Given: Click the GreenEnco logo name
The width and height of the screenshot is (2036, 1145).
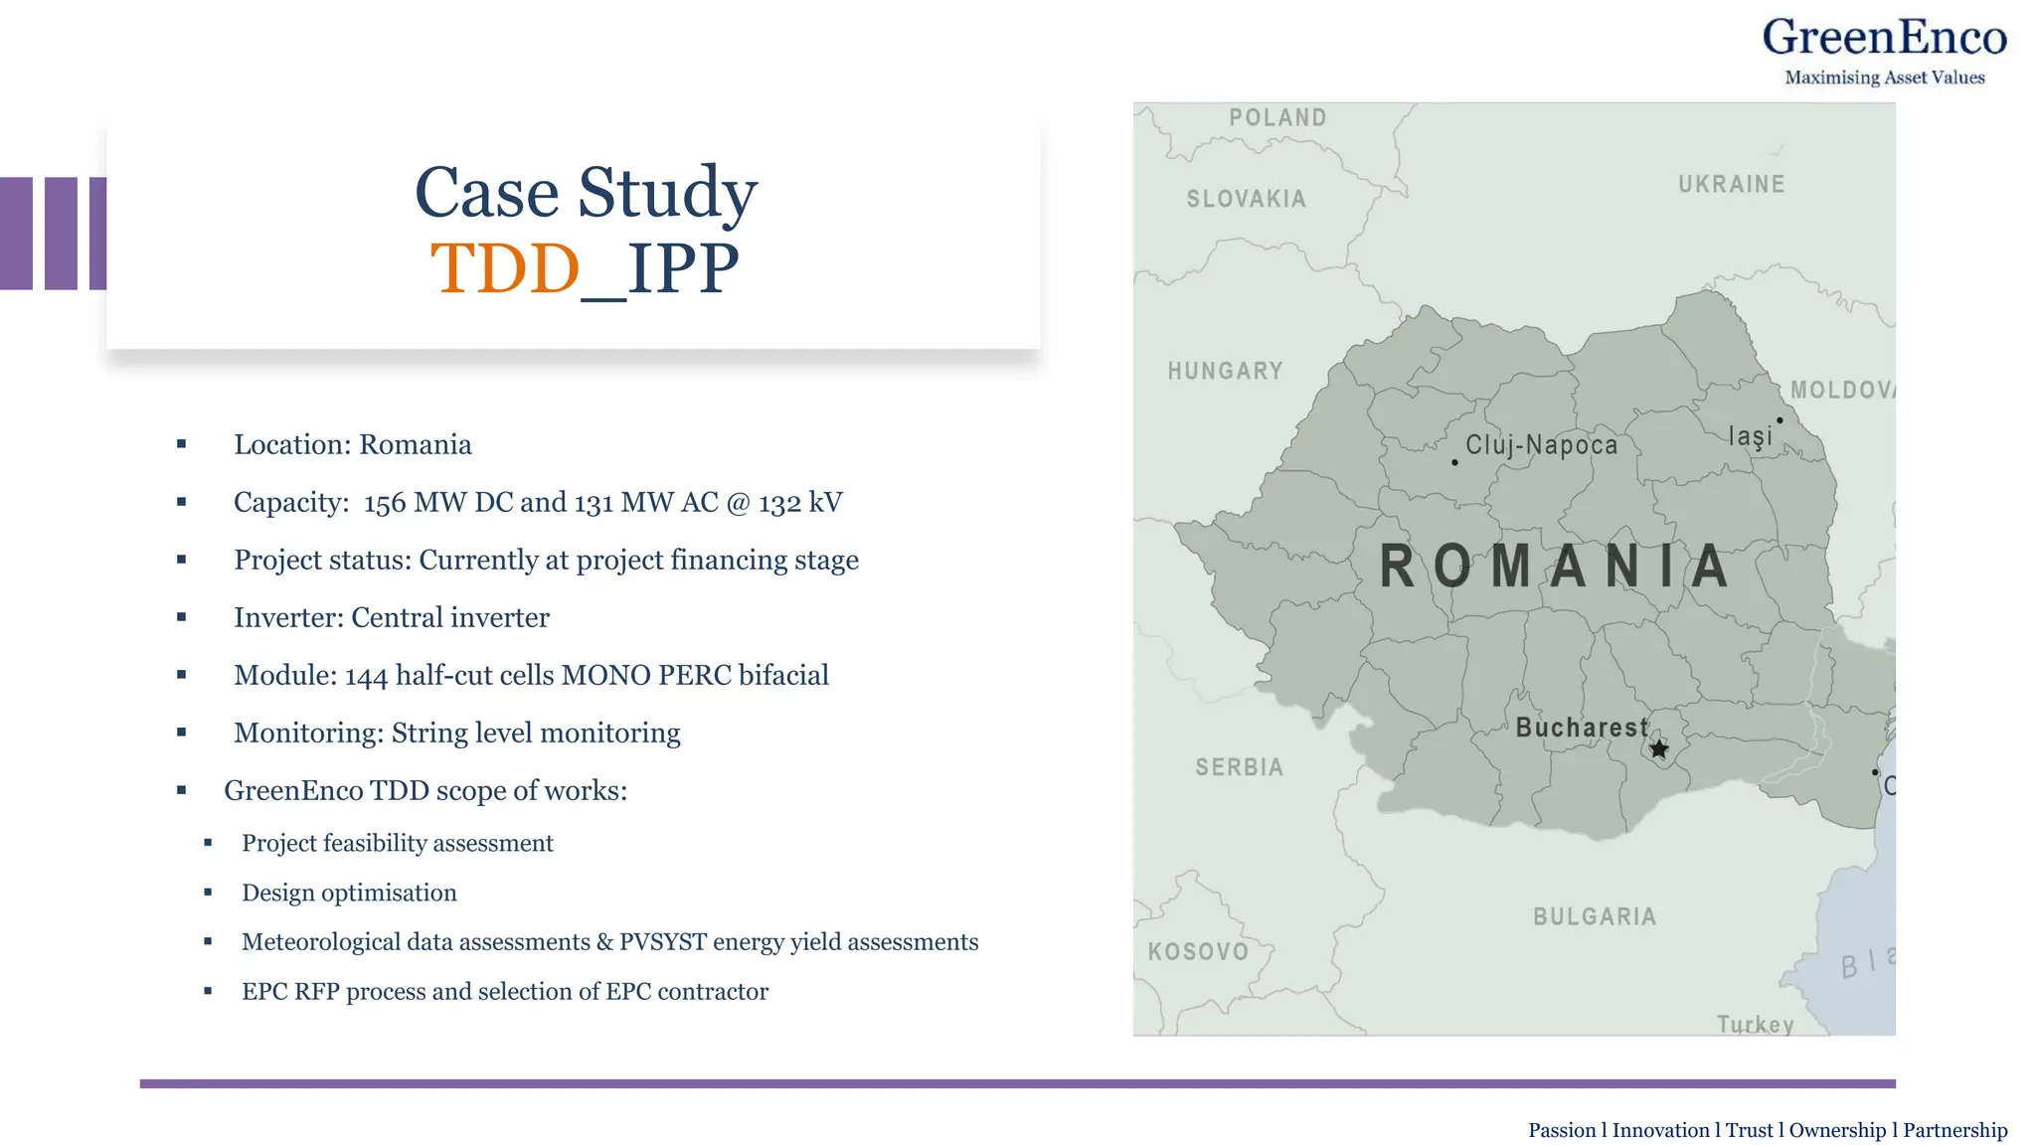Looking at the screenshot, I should (1884, 38).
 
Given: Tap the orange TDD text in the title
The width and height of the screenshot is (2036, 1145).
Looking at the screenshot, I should (505, 268).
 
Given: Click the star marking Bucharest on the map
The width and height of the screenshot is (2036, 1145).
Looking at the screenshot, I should (1658, 748).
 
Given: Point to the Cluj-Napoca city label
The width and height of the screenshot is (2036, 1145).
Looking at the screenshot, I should (1541, 444).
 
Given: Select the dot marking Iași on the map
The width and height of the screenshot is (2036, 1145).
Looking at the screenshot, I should (1780, 420).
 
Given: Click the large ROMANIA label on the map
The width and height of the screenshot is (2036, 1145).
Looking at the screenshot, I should (1554, 567).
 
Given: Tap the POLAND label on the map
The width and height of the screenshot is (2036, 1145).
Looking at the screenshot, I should (1277, 117).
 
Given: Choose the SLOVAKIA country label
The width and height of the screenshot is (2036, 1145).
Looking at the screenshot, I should (1246, 199).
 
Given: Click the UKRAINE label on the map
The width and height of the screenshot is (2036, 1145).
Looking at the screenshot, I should (1731, 184).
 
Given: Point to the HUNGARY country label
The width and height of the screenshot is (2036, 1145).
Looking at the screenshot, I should (1225, 371).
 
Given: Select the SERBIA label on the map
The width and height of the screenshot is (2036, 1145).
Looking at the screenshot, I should (1239, 767).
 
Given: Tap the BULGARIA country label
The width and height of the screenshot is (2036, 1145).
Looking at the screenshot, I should (1595, 916).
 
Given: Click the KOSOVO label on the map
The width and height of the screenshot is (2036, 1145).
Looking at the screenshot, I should (1198, 951).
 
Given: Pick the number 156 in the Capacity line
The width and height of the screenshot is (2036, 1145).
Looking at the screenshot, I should (385, 503).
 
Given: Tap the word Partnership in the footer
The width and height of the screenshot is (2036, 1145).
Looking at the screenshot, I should (1954, 1130).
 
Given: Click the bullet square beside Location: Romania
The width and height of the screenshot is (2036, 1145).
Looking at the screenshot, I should (182, 444).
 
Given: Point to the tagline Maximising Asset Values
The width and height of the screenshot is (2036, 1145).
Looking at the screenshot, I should (1884, 78).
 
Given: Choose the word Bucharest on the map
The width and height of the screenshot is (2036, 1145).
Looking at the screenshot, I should (1581, 728).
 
